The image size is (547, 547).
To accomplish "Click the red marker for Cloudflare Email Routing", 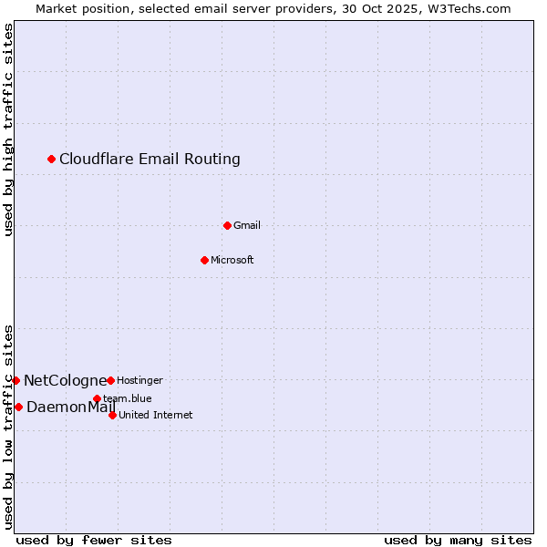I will pos(51,160).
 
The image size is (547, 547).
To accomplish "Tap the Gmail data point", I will pos(227,225).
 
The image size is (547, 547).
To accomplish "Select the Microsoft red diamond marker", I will pos(204,260).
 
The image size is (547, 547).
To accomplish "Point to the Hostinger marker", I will pos(110,380).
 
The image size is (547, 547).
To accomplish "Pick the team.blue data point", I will pos(97,398).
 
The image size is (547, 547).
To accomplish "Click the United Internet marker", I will pos(112,415).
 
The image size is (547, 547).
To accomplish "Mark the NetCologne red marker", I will pos(15,380).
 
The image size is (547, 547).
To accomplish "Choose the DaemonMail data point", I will pos(18,407).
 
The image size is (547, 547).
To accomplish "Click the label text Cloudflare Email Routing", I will pos(150,160).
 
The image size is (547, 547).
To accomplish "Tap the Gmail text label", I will pos(247,225).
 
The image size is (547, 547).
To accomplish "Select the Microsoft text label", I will pos(232,260).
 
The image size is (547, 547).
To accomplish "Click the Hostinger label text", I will pos(139,380).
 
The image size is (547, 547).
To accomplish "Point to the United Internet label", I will pos(155,415).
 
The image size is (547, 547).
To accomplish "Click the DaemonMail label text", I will pos(70,407).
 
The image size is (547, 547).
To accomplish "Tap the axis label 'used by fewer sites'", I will pos(94,540).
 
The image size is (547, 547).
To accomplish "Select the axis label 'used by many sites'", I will pos(458,540).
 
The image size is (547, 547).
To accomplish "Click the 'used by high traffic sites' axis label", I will pos(9,129).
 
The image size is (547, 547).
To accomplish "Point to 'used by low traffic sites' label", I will pos(9,426).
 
